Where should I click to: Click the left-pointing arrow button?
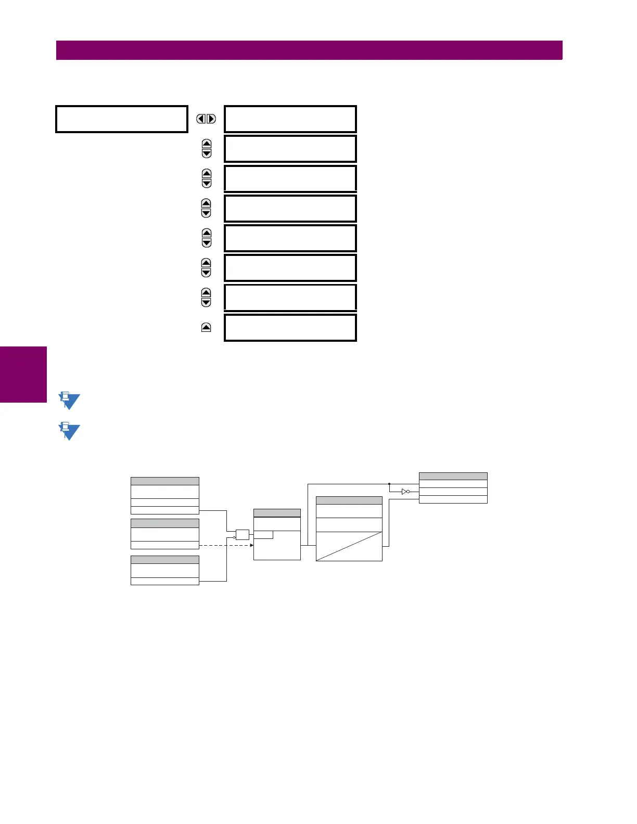pyautogui.click(x=201, y=119)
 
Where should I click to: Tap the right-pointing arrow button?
pyautogui.click(x=211, y=119)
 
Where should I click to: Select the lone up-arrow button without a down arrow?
pyautogui.click(x=206, y=327)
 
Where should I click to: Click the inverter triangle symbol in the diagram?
pyautogui.click(x=405, y=491)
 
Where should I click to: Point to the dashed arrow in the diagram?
pyautogui.click(x=226, y=545)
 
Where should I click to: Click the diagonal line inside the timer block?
pyautogui.click(x=349, y=546)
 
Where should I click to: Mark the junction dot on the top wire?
pyautogui.click(x=389, y=484)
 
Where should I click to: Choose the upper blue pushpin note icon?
pyautogui.click(x=69, y=401)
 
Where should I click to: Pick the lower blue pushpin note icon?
pyautogui.click(x=69, y=431)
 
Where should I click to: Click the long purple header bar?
pyautogui.click(x=309, y=50)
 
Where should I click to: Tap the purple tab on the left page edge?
pyautogui.click(x=23, y=374)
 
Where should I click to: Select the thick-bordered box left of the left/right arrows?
pyautogui.click(x=121, y=119)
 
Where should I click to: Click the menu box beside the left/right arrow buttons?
pyautogui.click(x=290, y=119)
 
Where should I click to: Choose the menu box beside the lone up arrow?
pyautogui.click(x=290, y=328)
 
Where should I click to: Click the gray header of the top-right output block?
pyautogui.click(x=453, y=476)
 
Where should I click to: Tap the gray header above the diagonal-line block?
pyautogui.click(x=349, y=500)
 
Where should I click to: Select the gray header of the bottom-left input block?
pyautogui.click(x=164, y=560)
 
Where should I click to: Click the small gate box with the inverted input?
pyautogui.click(x=243, y=534)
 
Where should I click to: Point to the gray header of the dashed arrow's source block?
pyautogui.click(x=164, y=523)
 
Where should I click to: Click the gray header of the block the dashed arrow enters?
pyautogui.click(x=277, y=513)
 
